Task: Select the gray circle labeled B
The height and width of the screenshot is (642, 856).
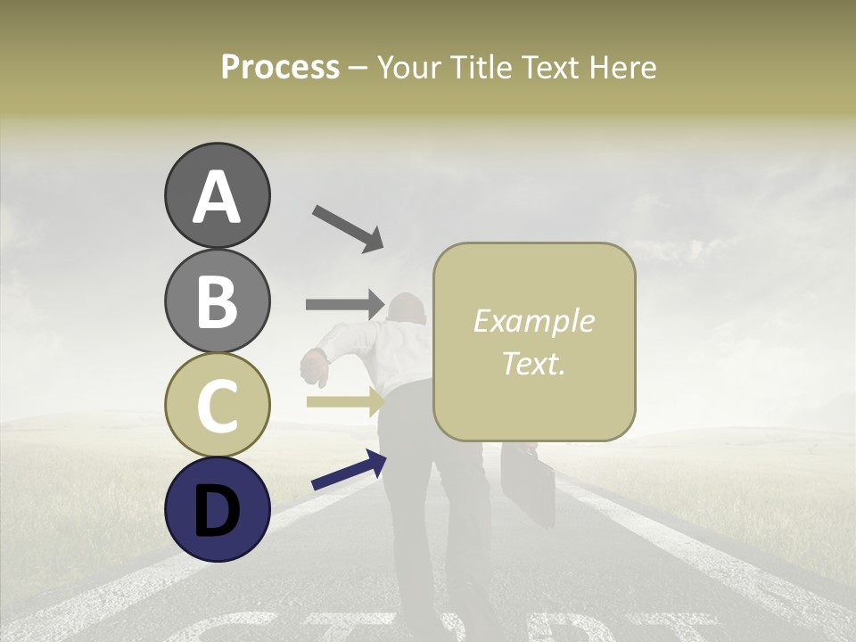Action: pos(217,300)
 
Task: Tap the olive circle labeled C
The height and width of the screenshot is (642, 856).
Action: pos(217,404)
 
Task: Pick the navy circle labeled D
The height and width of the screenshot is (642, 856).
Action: pos(217,508)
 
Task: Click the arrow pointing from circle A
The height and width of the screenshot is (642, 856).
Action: pos(348,228)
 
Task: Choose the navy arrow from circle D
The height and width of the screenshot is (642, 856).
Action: pos(349,470)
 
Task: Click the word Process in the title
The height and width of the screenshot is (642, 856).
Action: pos(280,67)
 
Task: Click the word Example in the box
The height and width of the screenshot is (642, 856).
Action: pos(533,321)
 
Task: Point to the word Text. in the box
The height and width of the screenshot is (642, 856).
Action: pos(533,363)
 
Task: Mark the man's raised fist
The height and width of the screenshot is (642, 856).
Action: pos(314,365)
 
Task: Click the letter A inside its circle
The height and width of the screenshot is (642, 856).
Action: pos(217,198)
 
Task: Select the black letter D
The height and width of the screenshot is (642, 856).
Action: pos(217,510)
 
